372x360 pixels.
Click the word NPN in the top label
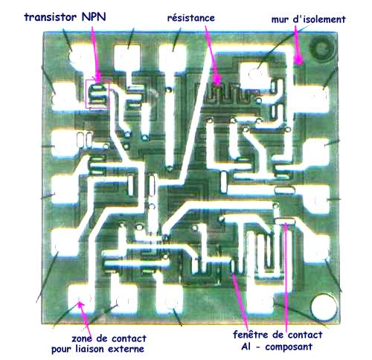click(94, 17)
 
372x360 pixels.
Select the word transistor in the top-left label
click(51, 17)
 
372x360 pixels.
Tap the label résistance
click(191, 18)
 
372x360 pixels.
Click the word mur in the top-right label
click(280, 19)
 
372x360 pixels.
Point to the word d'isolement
click(319, 19)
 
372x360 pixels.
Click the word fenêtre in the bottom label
click(251, 335)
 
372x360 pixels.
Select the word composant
click(289, 347)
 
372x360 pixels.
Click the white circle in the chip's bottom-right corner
click(324, 307)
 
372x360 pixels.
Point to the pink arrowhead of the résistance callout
click(217, 80)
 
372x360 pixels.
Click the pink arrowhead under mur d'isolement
click(298, 60)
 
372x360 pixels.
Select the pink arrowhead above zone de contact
click(80, 304)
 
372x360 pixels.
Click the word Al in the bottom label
click(246, 347)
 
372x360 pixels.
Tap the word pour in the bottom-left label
click(62, 350)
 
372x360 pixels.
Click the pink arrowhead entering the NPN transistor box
click(97, 77)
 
